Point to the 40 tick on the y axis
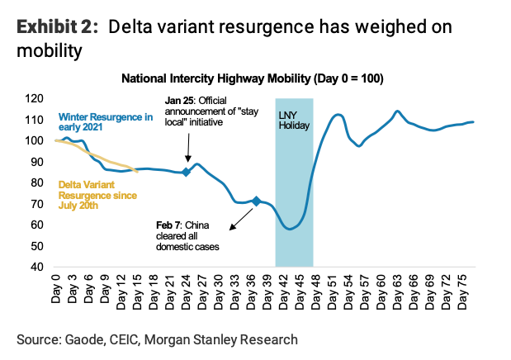pos(35,267)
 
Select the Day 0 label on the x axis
pos(56,287)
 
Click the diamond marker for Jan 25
pos(186,172)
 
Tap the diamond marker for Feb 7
pos(256,201)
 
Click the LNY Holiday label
pos(293,121)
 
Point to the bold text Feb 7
pos(170,225)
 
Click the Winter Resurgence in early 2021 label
pos(106,121)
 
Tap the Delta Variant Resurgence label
pos(92,195)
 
